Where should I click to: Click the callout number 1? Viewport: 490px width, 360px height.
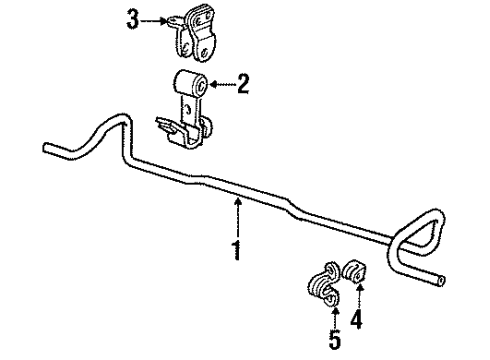(237, 250)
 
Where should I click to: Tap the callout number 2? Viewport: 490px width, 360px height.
(242, 86)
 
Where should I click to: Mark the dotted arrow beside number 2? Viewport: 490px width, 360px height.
(221, 86)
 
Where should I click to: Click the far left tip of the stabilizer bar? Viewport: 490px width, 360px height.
(47, 150)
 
